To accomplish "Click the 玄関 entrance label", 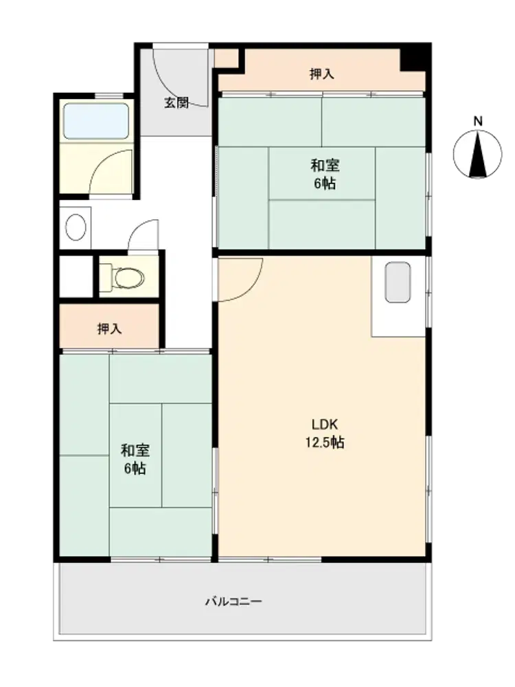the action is (x=176, y=103).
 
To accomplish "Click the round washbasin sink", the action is (x=76, y=227).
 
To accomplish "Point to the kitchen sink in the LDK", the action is (x=398, y=282).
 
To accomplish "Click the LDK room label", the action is (x=325, y=424).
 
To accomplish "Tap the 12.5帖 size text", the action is (x=325, y=442).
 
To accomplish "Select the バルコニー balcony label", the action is (x=234, y=601).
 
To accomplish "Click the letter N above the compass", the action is (x=478, y=122).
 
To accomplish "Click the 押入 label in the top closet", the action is (x=322, y=74).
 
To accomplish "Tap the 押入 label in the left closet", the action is (x=109, y=328).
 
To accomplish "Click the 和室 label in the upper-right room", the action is (x=325, y=166).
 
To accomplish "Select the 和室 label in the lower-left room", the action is (x=135, y=450).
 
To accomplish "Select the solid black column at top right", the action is (x=415, y=57).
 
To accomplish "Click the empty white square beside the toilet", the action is (x=76, y=276).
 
